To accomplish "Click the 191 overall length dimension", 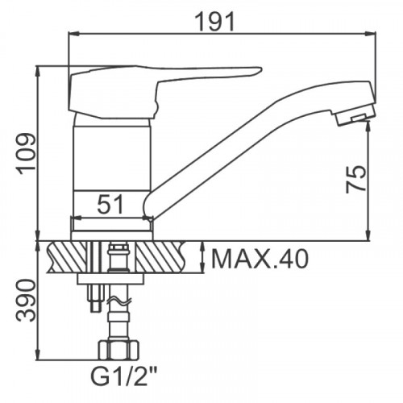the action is (x=215, y=22).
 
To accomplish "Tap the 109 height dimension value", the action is (x=26, y=152).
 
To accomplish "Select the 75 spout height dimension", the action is (x=356, y=179).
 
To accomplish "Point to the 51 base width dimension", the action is (x=110, y=204).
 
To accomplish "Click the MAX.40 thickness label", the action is (x=260, y=259).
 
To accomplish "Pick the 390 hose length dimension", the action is (x=26, y=300).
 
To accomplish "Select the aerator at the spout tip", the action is (x=354, y=116).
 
